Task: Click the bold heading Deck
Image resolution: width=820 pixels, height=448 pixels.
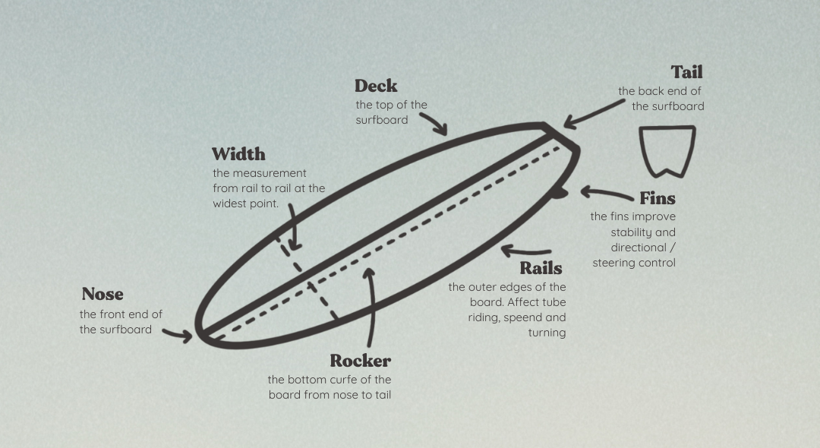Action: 376,86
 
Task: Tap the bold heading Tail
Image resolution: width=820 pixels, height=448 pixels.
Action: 686,72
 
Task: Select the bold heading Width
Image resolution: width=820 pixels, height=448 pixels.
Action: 238,154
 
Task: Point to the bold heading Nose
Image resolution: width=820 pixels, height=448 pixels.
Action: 102,294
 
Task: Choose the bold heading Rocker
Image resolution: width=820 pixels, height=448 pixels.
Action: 360,361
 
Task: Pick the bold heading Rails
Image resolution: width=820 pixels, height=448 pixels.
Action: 541,268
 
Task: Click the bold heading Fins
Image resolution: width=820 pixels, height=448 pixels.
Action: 657,199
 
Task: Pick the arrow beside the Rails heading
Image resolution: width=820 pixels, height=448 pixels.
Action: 526,251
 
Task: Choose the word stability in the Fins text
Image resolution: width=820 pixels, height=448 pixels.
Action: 632,232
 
